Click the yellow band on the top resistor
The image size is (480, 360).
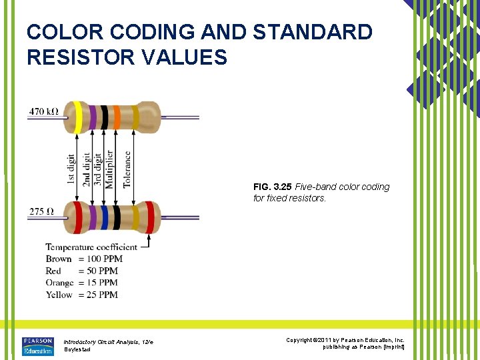(x=78, y=117)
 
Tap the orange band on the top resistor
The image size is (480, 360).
(x=117, y=117)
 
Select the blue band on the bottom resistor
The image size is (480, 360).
(x=104, y=217)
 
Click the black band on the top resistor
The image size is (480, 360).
(x=104, y=117)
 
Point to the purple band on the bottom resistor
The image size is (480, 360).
(x=92, y=217)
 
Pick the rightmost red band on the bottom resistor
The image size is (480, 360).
(x=149, y=217)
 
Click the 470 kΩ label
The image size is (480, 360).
(x=43, y=112)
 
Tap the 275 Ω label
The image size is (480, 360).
(x=41, y=212)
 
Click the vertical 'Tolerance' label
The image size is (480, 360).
(x=127, y=169)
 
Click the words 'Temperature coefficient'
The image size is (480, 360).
(x=91, y=247)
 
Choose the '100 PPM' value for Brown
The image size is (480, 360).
(x=98, y=259)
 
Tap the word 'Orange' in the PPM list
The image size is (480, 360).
(x=59, y=283)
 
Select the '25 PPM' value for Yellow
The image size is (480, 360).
(x=98, y=295)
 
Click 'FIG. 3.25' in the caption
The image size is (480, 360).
(x=272, y=187)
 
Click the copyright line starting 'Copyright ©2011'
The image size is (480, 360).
(x=345, y=340)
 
